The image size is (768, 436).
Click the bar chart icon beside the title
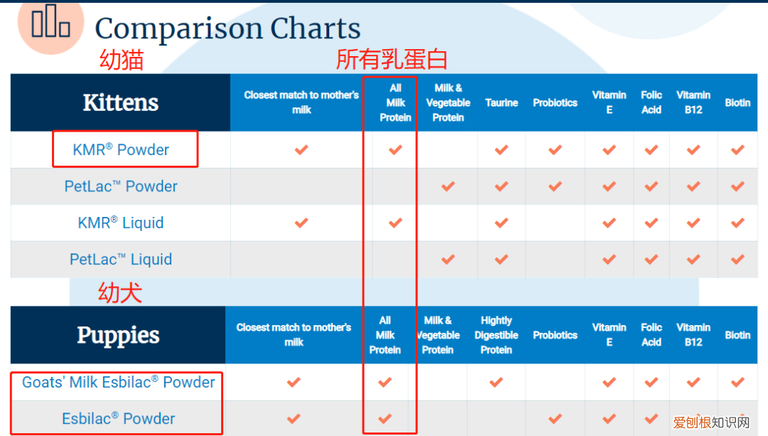50,21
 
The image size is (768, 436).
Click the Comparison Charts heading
228,28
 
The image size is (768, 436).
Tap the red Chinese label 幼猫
122,60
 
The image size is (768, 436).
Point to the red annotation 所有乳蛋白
391,59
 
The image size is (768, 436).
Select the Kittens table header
120,102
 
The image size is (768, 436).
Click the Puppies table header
118,336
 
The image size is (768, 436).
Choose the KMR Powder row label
121,149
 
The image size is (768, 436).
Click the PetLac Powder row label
121,186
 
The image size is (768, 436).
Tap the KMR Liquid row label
121,223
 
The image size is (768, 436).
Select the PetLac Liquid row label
121,259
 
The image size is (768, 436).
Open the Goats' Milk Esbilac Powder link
119,382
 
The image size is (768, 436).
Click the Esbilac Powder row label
119,418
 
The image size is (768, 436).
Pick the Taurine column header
501,103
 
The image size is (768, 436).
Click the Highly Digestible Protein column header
496,335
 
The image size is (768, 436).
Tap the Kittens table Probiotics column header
555,103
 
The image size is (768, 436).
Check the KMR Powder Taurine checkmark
501,150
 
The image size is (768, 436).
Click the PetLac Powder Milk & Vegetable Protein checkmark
448,186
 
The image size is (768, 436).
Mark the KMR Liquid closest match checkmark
302,223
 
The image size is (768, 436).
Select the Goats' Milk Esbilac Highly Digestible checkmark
496,382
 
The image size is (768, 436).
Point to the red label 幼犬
120,293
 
